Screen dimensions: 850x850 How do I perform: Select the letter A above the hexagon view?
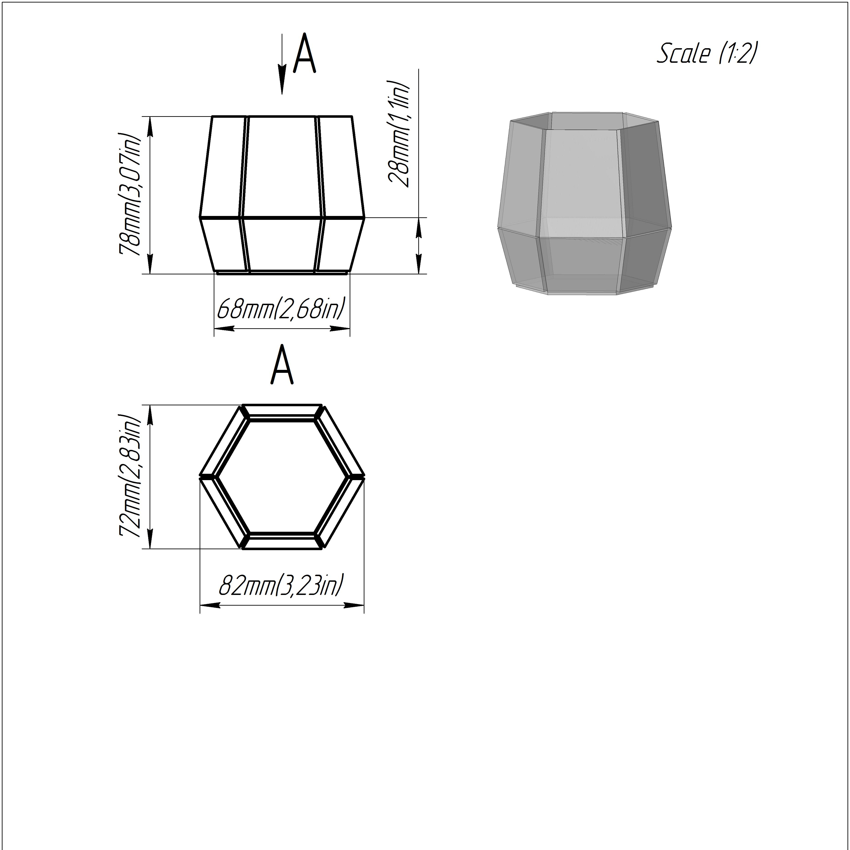pos(282,365)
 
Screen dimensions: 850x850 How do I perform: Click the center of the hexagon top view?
pos(282,476)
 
